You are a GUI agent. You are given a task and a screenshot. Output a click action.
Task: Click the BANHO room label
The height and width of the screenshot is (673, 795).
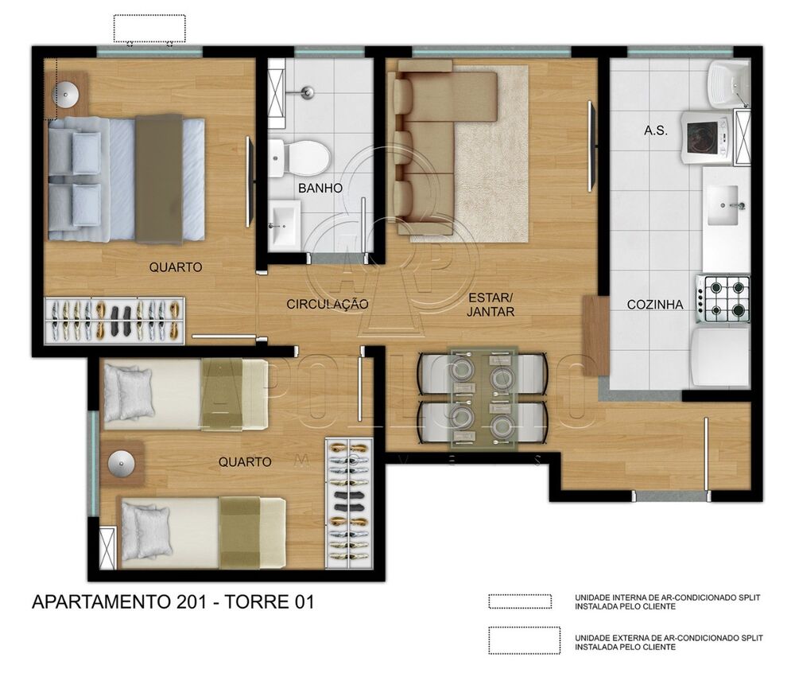click(320, 189)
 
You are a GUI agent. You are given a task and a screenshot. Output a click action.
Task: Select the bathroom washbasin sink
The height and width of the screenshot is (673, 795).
click(283, 224)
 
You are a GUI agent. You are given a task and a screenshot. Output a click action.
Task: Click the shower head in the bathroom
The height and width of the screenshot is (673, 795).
click(304, 93)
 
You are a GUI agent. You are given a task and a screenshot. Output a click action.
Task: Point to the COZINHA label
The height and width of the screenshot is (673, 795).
click(655, 304)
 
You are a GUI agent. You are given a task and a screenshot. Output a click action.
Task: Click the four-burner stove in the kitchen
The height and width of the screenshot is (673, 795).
click(723, 298)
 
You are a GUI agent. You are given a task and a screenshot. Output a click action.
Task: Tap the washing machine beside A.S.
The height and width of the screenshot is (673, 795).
click(704, 138)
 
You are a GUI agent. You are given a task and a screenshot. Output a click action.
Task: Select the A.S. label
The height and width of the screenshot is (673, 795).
click(655, 130)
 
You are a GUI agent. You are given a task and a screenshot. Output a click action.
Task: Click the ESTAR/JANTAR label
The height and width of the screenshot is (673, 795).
click(491, 305)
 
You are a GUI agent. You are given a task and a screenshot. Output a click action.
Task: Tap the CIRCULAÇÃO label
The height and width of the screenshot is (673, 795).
click(328, 304)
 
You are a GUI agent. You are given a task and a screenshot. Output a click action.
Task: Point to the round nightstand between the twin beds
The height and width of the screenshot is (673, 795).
click(122, 464)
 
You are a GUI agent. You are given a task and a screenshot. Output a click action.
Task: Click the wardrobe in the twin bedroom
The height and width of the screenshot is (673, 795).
click(349, 503)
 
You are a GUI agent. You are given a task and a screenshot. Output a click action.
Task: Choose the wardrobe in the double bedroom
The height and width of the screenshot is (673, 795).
click(114, 321)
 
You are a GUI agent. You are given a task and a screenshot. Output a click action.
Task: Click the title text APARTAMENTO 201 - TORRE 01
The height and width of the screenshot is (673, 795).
click(173, 602)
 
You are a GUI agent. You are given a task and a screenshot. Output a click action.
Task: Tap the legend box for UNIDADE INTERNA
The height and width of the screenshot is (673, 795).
click(520, 601)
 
